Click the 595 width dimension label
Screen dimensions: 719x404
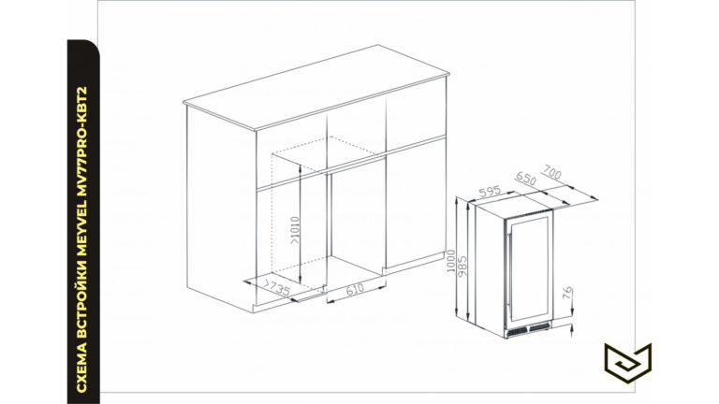point(490,192)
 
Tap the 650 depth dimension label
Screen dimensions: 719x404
point(525,179)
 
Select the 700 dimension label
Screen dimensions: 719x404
point(551,172)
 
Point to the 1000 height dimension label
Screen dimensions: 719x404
point(450,261)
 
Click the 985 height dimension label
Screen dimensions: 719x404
point(462,267)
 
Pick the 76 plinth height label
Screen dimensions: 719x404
point(567,293)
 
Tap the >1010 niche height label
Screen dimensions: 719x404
point(294,230)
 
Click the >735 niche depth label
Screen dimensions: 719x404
point(276,287)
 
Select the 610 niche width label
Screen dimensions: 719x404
point(355,289)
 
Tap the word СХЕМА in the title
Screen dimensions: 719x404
point(81,370)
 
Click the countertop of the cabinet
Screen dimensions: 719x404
point(316,87)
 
